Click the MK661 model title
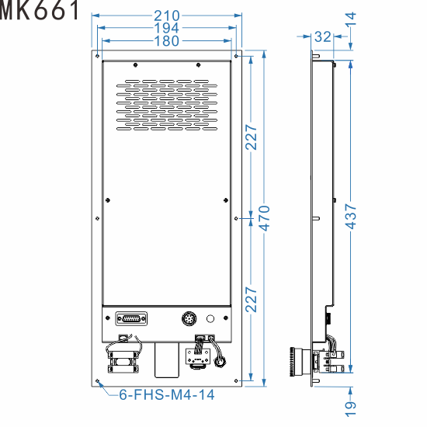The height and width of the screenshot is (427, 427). click(40, 11)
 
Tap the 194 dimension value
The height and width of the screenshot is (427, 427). click(167, 29)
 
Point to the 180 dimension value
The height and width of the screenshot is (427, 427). click(167, 41)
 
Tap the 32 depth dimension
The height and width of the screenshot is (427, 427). click(323, 36)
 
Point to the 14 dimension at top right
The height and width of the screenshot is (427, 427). click(350, 19)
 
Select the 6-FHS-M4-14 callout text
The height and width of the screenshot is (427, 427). click(166, 394)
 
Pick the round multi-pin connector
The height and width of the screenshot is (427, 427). click(189, 318)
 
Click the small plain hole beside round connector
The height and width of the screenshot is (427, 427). click(210, 318)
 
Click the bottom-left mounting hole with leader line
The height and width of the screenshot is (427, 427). click(97, 381)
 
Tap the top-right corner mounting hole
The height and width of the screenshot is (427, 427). click(237, 56)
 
